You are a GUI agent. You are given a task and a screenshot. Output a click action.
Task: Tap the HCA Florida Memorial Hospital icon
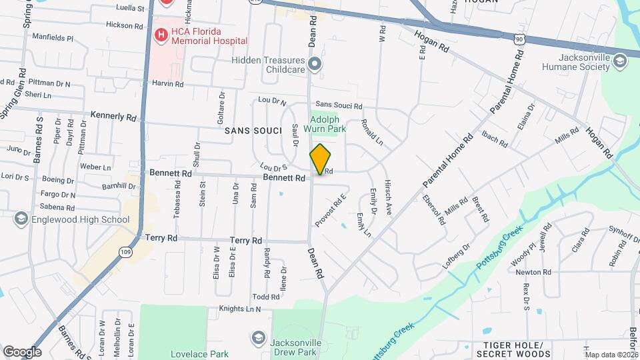pyautogui.click(x=160, y=35)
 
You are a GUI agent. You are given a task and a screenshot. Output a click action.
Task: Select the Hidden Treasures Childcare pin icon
pyautogui.click(x=315, y=64)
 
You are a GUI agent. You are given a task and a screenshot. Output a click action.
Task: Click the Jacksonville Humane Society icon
pyautogui.click(x=621, y=62)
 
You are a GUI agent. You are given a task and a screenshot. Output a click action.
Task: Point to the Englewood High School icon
pyautogui.click(x=21, y=219)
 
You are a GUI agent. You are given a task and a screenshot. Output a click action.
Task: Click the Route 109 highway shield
pyautogui.click(x=125, y=251)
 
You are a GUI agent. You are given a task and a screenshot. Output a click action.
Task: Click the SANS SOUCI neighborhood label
pyautogui.click(x=251, y=130)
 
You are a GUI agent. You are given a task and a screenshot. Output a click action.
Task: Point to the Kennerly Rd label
pyautogui.click(x=113, y=116)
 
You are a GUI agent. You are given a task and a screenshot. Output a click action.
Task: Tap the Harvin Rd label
pyautogui.click(x=167, y=84)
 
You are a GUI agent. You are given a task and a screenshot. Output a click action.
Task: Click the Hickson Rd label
pyautogui.click(x=125, y=25)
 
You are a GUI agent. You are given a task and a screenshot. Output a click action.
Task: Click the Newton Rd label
pyautogui.click(x=533, y=272)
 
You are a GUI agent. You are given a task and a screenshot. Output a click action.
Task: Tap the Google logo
pyautogui.click(x=22, y=351)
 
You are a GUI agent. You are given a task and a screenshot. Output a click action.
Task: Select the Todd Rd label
pyautogui.click(x=265, y=297)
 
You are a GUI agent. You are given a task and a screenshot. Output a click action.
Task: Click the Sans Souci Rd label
pyautogui.click(x=339, y=105)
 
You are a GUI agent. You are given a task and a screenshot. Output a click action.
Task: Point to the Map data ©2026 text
pyautogui.click(x=611, y=355)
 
